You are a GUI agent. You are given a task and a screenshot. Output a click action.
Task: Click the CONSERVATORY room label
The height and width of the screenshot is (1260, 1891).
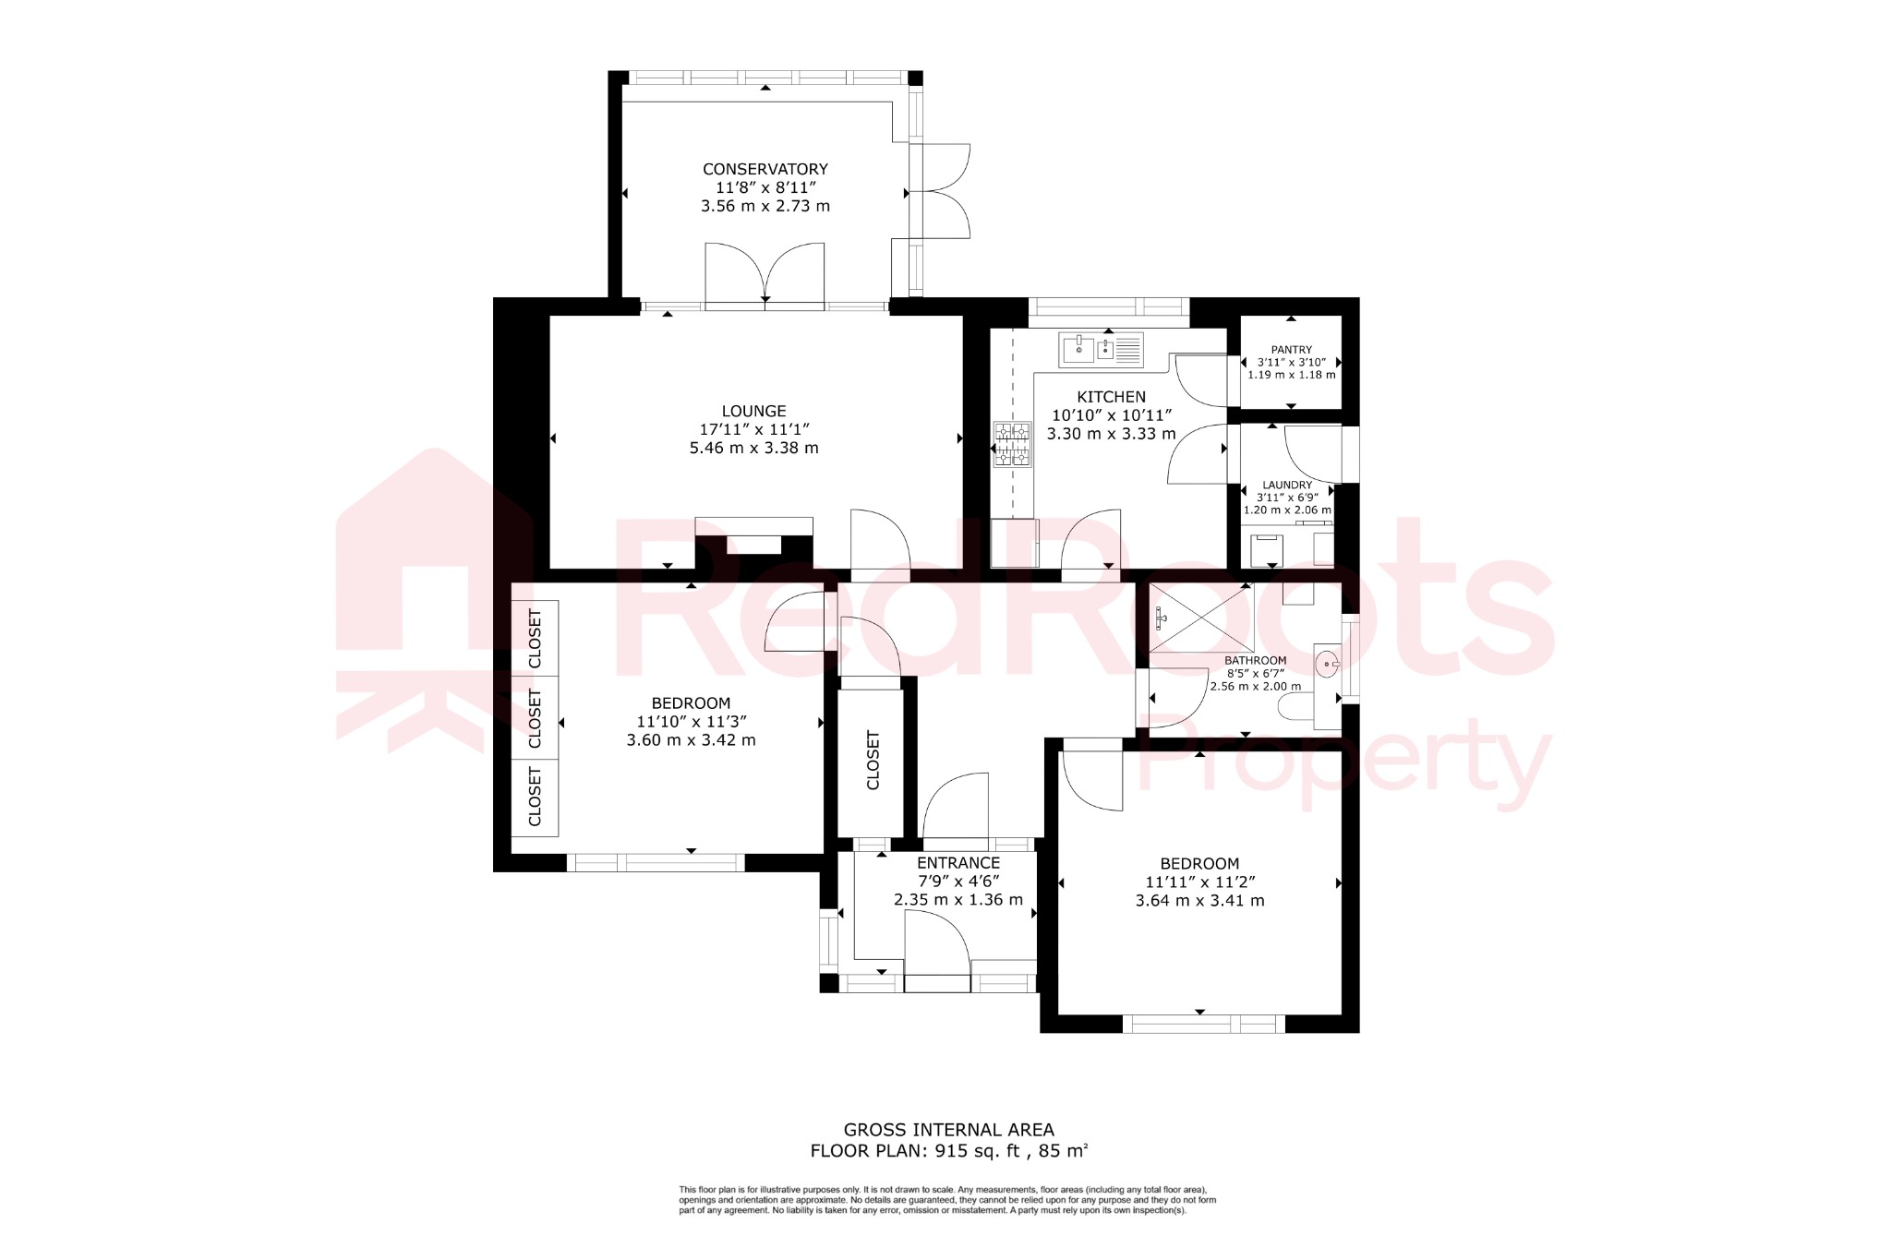point(765,169)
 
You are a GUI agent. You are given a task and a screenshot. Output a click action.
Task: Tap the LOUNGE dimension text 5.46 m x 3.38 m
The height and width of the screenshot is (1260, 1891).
point(753,449)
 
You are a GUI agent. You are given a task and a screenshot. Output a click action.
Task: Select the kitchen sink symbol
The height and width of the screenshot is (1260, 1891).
point(1101,349)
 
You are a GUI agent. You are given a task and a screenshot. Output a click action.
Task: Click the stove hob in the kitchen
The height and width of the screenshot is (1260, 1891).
point(1011,444)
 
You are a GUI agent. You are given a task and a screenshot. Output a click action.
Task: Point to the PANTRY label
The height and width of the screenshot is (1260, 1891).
point(1291,350)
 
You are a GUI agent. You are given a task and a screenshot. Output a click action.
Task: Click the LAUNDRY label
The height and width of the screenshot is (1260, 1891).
point(1287,485)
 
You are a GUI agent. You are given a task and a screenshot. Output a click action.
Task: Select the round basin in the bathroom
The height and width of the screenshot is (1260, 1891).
point(1327,663)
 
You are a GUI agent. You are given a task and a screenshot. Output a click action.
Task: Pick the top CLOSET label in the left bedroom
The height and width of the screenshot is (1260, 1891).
point(535,638)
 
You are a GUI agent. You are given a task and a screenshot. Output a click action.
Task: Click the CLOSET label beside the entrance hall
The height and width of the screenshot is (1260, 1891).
point(873,760)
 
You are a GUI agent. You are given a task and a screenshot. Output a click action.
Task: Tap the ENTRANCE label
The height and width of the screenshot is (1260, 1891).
point(958,863)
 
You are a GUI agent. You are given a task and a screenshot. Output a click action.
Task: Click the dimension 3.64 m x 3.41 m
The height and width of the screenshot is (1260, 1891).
point(1199,901)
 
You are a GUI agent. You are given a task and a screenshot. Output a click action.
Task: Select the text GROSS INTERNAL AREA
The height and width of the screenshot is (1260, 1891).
point(948,1130)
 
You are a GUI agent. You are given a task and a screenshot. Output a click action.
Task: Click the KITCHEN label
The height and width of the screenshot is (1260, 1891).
point(1111,397)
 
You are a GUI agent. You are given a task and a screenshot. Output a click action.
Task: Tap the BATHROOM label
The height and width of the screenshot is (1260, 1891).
point(1255,661)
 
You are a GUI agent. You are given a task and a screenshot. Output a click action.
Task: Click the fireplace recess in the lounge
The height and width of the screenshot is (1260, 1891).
point(753,545)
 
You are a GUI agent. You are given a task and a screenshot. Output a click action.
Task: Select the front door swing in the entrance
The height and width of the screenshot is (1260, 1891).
point(935,942)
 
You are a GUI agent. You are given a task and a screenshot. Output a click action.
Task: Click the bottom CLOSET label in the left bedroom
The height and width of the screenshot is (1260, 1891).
point(535,797)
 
